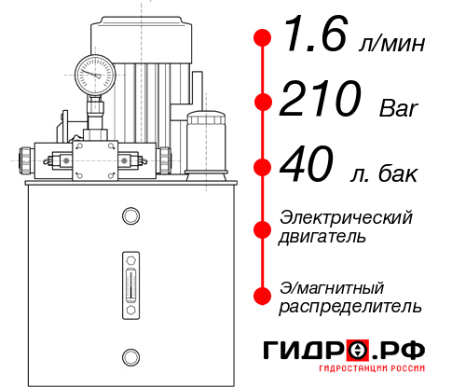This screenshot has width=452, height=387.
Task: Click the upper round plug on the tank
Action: pos(129,217)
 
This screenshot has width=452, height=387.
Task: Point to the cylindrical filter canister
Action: pos(206,140)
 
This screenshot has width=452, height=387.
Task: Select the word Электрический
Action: pos(346,217)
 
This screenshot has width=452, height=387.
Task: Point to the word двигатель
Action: pos(322,237)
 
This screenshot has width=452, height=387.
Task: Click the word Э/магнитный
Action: pos(332,286)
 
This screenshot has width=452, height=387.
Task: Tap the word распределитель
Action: pos(350,306)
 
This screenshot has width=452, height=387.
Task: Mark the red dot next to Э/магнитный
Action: pos(262,296)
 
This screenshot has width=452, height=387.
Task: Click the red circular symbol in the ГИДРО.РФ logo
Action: pos(358,351)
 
